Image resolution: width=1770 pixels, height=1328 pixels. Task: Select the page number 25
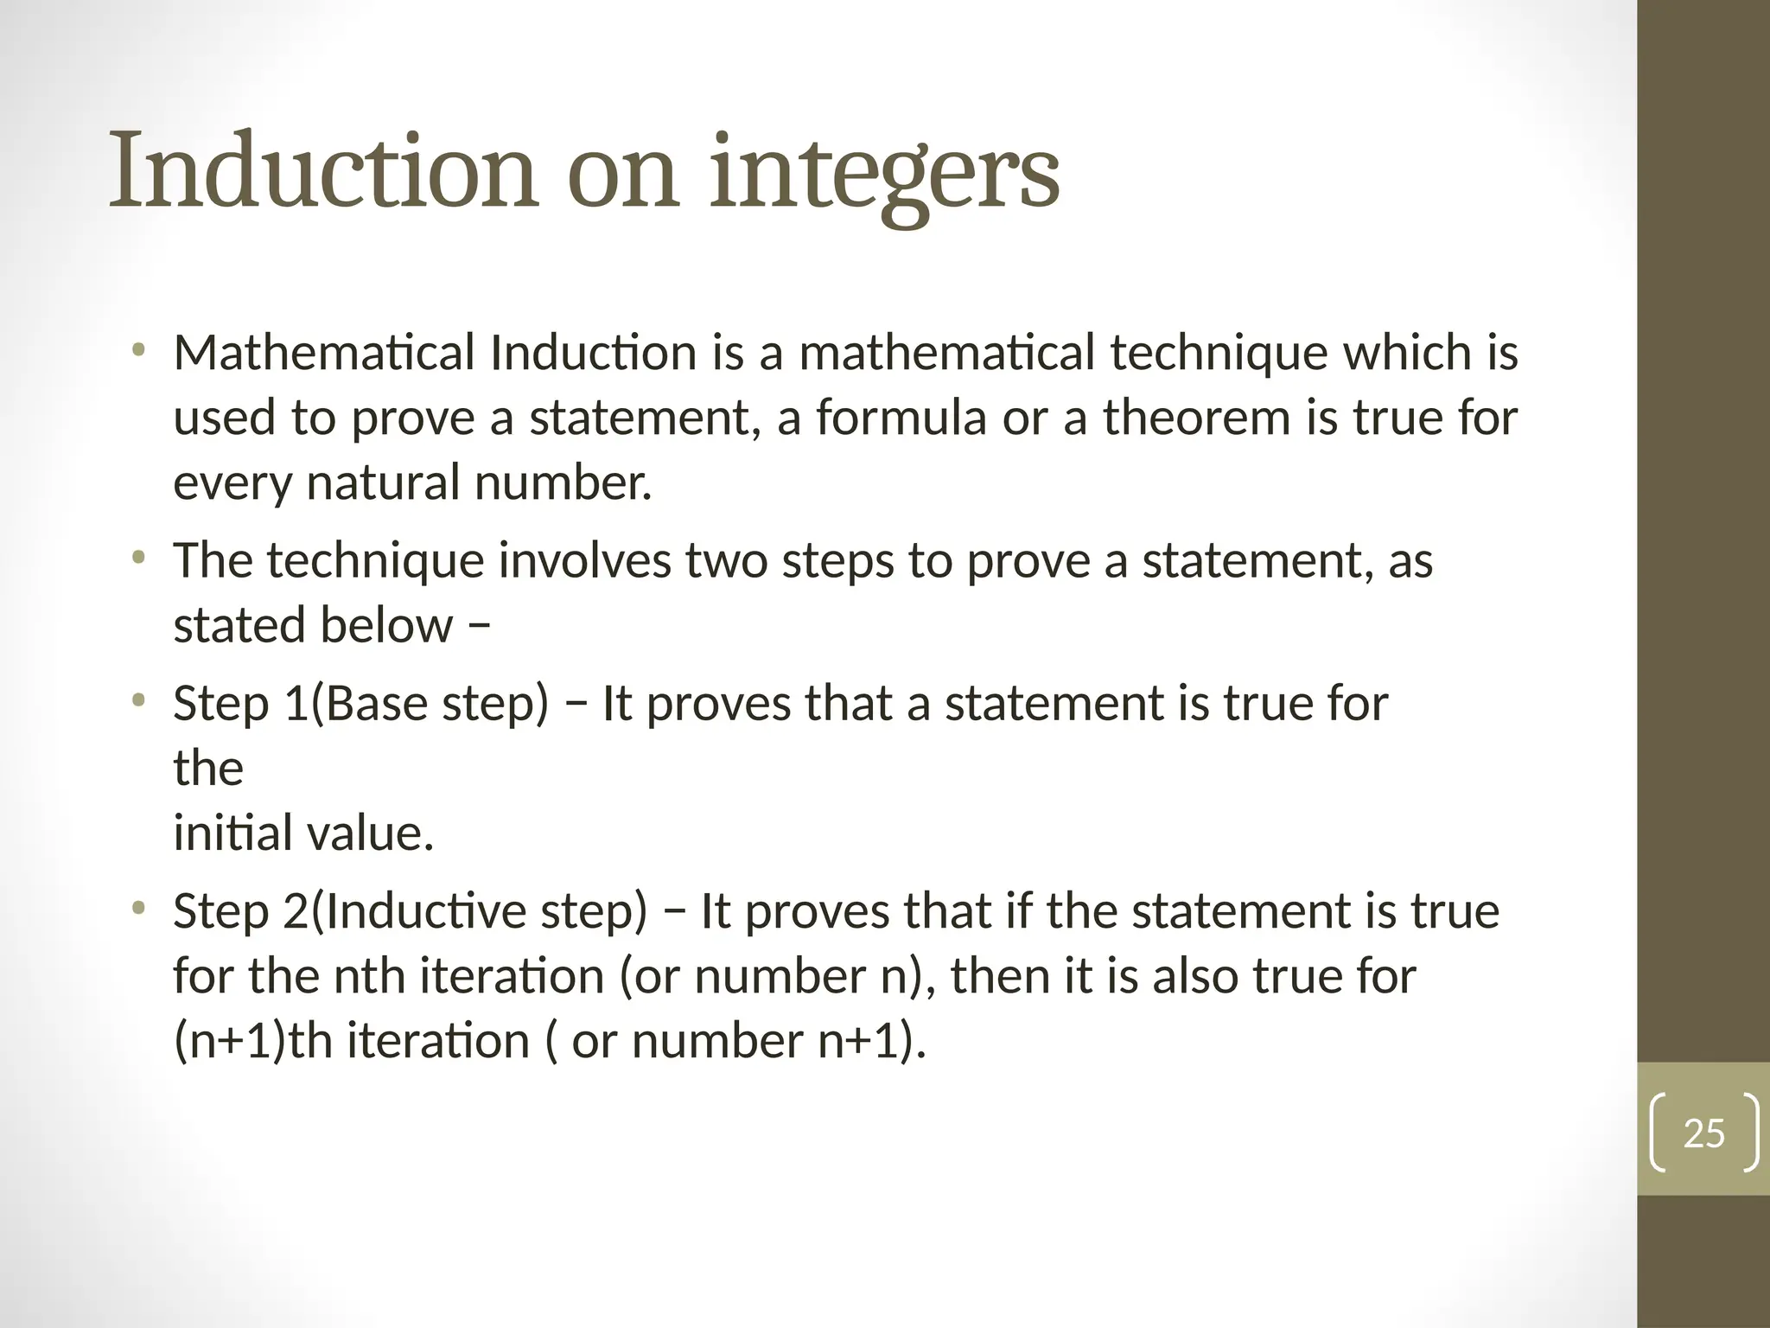[x=1703, y=1133]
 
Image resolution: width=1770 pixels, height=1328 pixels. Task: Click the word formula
[x=901, y=418]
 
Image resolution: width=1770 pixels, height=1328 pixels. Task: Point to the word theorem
[x=1196, y=418]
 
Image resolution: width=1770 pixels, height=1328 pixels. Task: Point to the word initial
[x=225, y=833]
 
